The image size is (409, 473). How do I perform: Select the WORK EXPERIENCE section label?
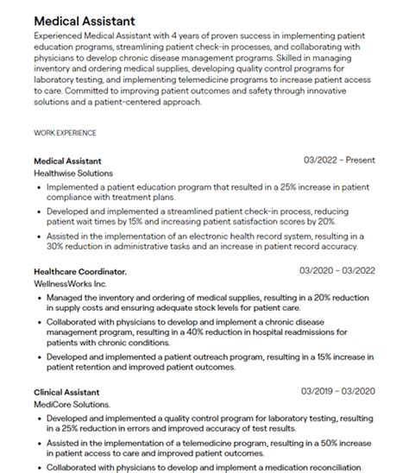65,133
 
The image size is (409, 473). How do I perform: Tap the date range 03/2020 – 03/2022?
337,272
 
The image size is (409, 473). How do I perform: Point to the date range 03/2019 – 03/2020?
337,391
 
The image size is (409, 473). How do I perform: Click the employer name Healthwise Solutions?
72,173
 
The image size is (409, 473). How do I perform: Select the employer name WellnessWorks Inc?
71,283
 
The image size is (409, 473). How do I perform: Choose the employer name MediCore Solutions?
72,403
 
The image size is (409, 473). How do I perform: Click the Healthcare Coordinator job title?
80,272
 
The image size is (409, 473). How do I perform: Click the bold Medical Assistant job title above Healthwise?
67,161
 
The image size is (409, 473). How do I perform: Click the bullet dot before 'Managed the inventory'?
39,297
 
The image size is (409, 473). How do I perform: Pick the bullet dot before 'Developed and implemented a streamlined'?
39,210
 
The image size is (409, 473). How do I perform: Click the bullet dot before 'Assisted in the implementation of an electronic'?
39,235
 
